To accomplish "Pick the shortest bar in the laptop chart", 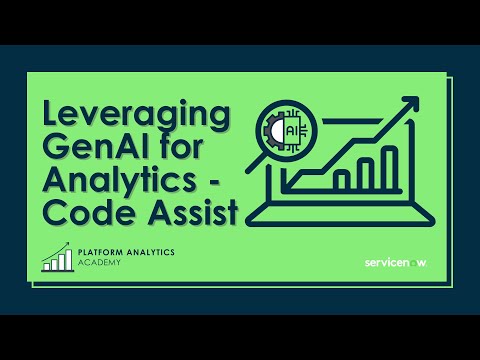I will coord(340,180).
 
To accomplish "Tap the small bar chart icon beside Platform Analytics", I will coord(57,258).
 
